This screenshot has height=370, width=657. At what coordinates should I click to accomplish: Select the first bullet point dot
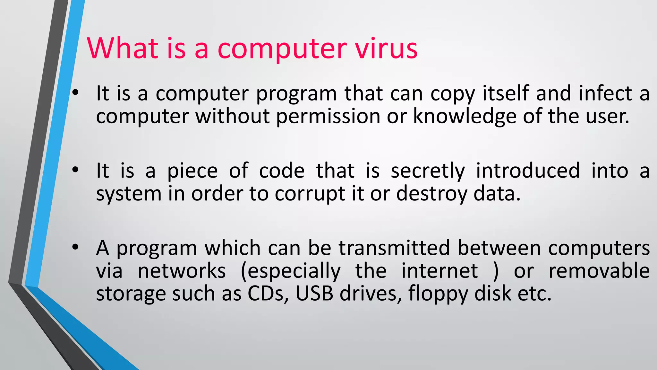(x=75, y=93)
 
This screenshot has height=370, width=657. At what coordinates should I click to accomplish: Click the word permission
(x=328, y=117)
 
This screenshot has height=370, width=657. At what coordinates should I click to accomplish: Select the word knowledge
(x=465, y=116)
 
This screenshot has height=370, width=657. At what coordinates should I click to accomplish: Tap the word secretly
(x=428, y=171)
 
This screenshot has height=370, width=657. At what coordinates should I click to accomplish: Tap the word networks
(x=182, y=271)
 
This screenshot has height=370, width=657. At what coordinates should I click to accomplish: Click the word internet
(x=439, y=271)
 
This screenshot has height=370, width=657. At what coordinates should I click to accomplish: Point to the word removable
(x=599, y=271)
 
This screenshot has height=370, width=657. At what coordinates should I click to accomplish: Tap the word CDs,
(x=268, y=293)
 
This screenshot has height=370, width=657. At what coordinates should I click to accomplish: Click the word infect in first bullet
(x=605, y=93)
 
